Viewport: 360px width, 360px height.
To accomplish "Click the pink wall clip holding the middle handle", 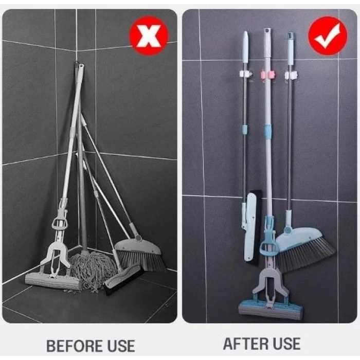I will tap(268, 75).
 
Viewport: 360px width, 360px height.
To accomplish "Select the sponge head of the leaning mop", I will tap(53, 280).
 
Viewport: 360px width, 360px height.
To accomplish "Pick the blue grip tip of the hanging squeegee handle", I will tap(245, 41).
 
